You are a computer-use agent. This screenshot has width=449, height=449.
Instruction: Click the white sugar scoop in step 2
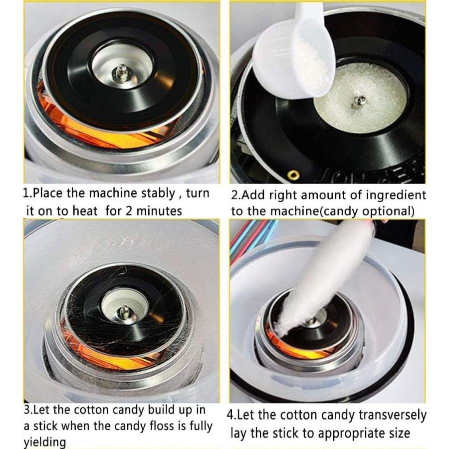[295, 54]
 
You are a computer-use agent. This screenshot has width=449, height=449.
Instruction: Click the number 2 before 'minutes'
[129, 211]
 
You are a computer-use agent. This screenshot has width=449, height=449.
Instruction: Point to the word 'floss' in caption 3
[162, 426]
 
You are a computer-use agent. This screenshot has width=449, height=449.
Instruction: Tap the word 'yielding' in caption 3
[45, 442]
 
